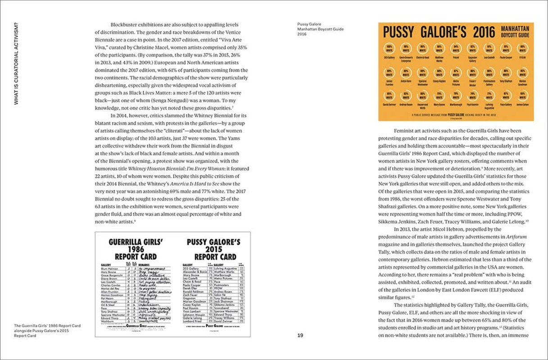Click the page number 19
click(300, 335)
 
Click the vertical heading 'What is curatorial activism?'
click(16, 63)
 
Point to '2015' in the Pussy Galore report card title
click(211, 249)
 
